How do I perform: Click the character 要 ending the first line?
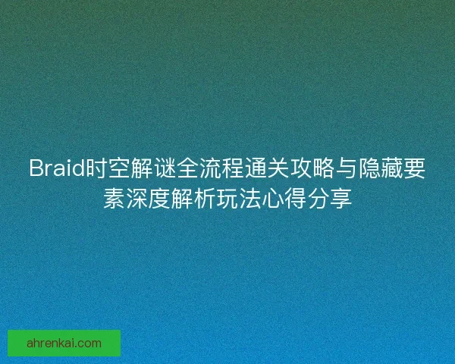coord(414,168)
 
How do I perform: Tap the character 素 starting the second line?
coord(115,199)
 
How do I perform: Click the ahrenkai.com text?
coord(64,343)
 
